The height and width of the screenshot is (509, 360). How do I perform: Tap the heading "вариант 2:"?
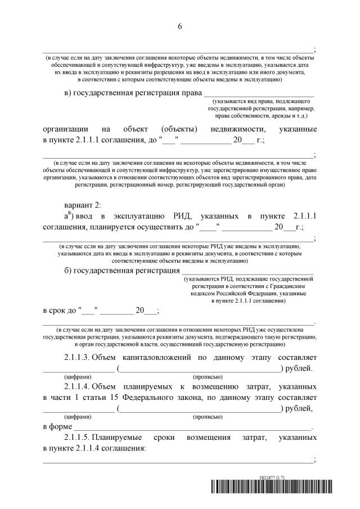coord(83,205)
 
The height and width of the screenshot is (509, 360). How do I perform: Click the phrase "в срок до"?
coord(59,310)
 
